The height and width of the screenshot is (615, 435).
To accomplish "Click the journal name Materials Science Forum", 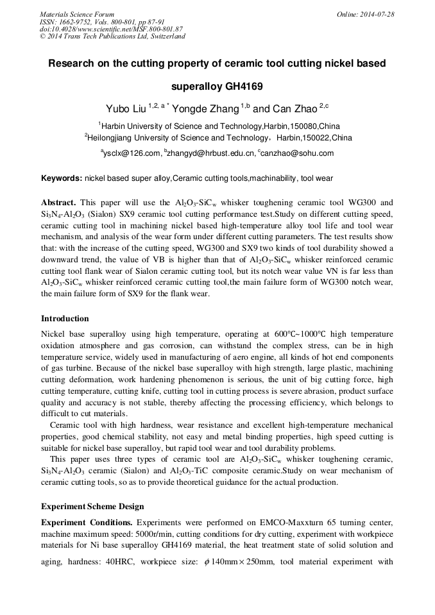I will tap(77, 14).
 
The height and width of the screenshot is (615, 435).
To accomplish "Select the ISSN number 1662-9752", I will tap(76, 22).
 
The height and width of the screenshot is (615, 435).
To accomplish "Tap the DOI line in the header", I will tap(111, 29).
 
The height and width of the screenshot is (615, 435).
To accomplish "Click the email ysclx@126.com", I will tap(132, 153).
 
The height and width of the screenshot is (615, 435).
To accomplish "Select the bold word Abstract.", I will tap(58, 201).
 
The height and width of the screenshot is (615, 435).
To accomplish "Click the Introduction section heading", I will tap(65, 318).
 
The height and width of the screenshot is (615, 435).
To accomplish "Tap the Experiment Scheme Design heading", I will tap(92, 506).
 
